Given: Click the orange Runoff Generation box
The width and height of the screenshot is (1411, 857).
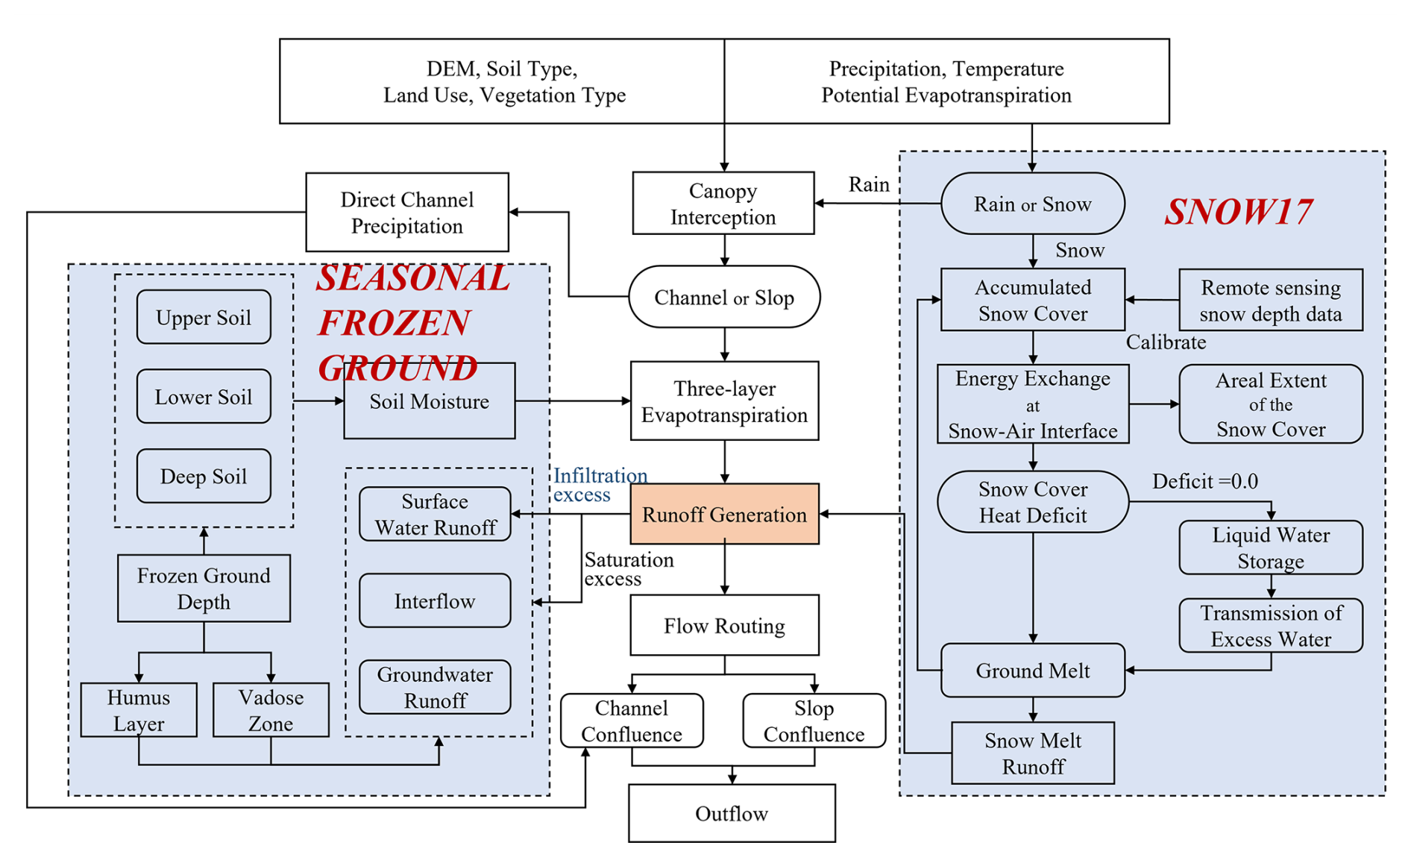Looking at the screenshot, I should coord(724,514).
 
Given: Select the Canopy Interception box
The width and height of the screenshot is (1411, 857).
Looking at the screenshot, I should coord(723,204).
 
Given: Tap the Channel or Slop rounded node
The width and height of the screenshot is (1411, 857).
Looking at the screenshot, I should coord(723,297).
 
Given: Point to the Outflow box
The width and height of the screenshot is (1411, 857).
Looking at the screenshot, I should coord(731,813).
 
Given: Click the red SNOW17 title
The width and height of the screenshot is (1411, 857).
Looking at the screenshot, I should coord(1238,211).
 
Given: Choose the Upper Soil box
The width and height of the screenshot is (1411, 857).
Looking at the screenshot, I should coord(204,317).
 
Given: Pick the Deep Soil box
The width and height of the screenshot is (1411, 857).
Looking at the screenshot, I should coord(204,476).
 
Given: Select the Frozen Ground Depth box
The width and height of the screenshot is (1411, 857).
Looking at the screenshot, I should coord(204,588).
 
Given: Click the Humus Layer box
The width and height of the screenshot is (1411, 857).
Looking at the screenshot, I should coord(139,710).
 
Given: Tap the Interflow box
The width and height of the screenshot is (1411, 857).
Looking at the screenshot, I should coord(435,600).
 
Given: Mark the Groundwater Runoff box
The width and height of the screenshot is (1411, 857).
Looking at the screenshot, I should coord(435,687).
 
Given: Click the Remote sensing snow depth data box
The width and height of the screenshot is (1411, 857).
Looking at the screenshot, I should coord(1270,300).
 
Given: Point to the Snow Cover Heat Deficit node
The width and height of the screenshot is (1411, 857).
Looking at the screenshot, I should coord(1032,502).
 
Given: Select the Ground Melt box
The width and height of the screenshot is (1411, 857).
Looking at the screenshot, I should coord(1032,671).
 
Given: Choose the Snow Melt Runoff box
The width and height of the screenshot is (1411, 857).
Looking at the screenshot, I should coord(1032,753).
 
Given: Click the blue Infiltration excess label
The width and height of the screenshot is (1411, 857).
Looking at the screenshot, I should coord(599,485).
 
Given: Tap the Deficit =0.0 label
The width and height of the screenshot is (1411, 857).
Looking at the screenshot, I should coord(1204,482).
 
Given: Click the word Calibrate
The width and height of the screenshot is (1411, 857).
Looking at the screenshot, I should coord(1165,342).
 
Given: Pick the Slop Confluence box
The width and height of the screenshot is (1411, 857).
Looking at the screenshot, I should coord(814,721).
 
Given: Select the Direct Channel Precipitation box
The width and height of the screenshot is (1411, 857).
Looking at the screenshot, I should coord(407,213).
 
